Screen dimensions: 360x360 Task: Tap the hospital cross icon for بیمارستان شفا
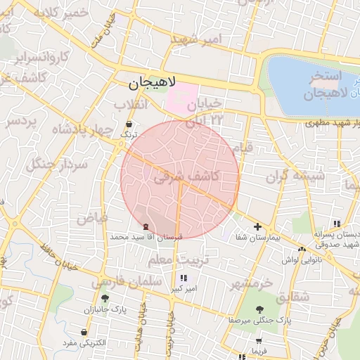tap(258, 226)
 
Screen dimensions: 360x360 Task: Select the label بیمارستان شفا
tap(257, 238)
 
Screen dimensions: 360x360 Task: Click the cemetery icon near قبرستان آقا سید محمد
tap(146, 226)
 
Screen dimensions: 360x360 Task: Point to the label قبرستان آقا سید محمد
tap(146, 238)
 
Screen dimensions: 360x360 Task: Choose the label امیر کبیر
tap(184, 288)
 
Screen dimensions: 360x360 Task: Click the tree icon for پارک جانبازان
tap(105, 298)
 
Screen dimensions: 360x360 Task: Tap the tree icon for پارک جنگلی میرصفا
tap(260, 309)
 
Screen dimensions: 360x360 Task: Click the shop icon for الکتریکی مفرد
tap(84, 332)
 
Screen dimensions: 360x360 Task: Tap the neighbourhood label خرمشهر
tap(251, 283)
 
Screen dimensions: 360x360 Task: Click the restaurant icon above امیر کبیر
tap(184, 278)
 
